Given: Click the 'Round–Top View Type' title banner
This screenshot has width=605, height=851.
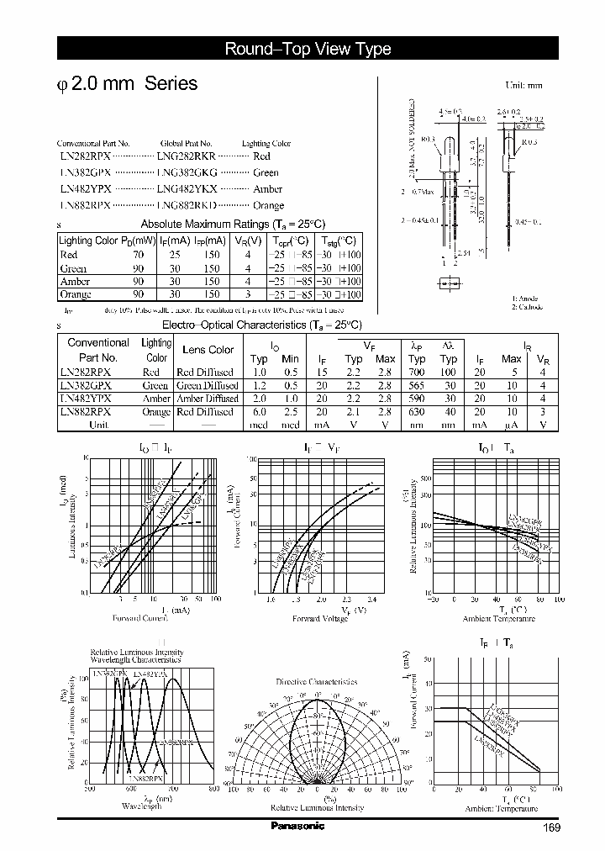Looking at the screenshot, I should coord(308,49).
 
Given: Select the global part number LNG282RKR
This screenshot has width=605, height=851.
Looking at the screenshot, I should coord(186,156).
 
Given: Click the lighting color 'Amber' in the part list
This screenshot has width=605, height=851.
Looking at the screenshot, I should coord(267,189).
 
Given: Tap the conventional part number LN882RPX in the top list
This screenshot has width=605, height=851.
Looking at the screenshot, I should coord(85,205).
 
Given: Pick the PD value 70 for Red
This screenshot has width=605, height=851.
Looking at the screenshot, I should coord(138,254).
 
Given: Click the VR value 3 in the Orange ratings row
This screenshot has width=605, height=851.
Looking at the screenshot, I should coord(247,294).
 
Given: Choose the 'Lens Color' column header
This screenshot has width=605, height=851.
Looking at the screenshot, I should coord(208,350).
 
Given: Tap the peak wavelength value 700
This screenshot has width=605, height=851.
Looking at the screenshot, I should coord(416,372).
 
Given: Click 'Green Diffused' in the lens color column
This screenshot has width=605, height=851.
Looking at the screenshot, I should coord(207,385).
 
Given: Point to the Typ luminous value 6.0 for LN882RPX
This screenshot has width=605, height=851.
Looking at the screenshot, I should coord(259,412).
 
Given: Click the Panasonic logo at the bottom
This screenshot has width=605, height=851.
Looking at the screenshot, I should coord(297,826).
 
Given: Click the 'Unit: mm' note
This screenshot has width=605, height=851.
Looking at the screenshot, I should coord(523,86).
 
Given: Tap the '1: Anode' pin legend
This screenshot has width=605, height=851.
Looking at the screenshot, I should coord(527,299).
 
